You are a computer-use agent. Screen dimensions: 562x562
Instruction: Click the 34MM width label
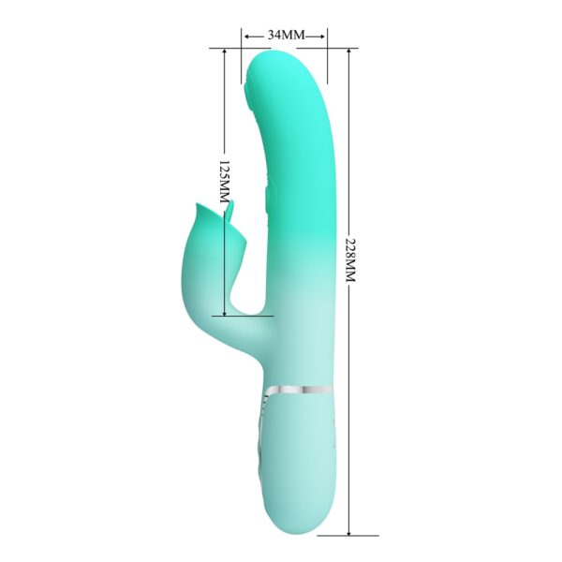[286, 35]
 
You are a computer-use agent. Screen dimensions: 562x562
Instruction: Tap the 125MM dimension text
[224, 183]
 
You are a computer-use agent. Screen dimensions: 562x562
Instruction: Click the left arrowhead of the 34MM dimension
[246, 36]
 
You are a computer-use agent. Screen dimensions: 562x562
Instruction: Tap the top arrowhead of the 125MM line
[225, 52]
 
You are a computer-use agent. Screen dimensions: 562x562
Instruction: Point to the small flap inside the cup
[230, 214]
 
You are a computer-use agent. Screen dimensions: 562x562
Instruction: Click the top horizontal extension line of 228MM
[337, 49]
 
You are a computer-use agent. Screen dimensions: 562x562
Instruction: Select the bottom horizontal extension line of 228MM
[337, 536]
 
